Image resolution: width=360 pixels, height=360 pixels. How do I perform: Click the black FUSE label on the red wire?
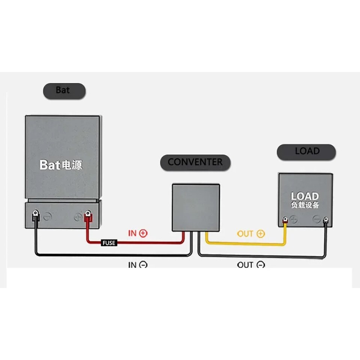point(109,243)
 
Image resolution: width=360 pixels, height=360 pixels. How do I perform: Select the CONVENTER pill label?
point(195,162)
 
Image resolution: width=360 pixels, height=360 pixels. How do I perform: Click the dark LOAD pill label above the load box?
point(306,152)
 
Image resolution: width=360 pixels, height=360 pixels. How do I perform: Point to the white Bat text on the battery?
point(50,165)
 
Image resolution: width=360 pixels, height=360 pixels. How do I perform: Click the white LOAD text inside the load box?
point(304,196)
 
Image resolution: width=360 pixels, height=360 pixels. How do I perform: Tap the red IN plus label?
point(138,233)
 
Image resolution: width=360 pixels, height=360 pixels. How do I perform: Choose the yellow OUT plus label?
point(250,234)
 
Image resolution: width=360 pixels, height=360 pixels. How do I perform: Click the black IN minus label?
point(138,265)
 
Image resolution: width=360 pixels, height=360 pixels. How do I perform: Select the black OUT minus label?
point(251,265)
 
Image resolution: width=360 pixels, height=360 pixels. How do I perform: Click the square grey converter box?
point(196,207)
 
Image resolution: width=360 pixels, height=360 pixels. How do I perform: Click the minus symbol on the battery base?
point(47,217)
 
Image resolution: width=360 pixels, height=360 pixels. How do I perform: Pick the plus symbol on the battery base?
point(78,217)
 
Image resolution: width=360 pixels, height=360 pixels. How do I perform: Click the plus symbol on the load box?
point(294,220)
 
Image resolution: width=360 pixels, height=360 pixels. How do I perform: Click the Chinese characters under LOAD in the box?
point(304,205)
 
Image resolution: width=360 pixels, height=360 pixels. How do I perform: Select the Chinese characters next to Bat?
point(72,165)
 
